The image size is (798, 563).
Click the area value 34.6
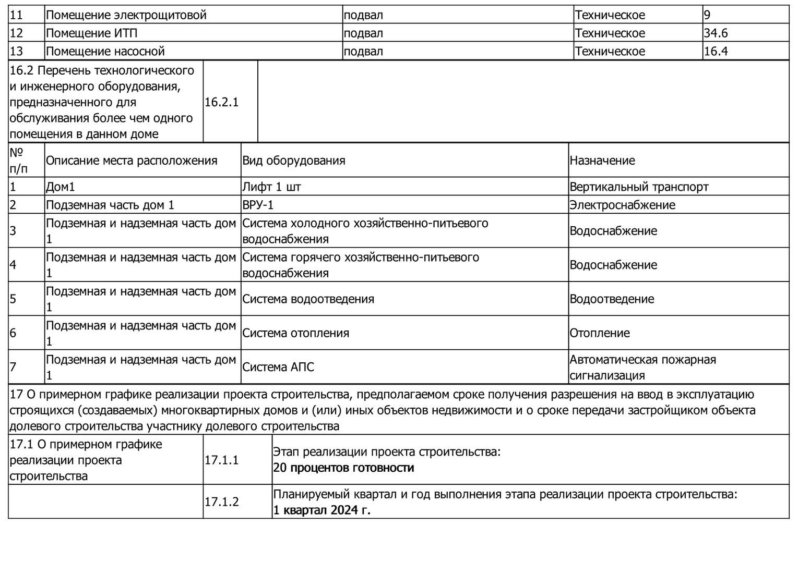716,33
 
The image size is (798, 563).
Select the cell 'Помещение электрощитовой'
126,15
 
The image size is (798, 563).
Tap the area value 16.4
716,52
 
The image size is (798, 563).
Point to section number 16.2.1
221,102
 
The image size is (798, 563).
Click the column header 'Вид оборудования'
293,161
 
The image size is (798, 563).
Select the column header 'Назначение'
602,161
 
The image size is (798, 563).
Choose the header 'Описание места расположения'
131,161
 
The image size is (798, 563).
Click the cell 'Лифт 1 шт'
271,187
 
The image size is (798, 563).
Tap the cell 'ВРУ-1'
258,205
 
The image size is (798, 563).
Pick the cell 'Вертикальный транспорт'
639,187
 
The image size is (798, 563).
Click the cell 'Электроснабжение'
622,205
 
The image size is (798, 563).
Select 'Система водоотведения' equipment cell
308,299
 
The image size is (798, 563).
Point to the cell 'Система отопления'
295,333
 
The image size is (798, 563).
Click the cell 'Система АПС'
278,367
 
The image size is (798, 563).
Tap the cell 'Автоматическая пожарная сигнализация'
642,368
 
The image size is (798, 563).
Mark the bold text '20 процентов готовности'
343,468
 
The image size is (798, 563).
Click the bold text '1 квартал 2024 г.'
321,510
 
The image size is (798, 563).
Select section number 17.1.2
221,502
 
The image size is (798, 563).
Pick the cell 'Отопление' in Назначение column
599,333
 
